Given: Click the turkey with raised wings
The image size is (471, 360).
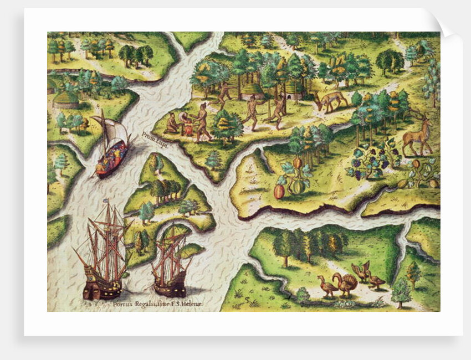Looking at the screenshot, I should click(362, 271).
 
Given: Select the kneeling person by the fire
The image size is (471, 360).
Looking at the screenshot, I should click(172, 124).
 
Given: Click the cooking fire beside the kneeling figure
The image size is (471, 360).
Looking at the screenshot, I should click(187, 128).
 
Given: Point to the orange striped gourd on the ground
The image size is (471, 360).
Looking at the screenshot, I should click(279, 191).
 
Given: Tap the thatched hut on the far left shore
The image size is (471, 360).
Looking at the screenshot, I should click(65, 100).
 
